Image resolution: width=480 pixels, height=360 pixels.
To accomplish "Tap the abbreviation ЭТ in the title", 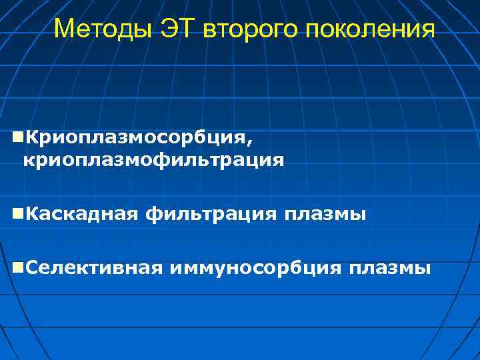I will point(181,29).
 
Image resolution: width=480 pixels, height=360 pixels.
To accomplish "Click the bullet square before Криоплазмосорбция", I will point(17,137).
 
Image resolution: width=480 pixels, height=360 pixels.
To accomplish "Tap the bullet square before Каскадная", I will point(17,214).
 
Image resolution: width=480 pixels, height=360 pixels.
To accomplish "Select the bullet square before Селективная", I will point(17,268).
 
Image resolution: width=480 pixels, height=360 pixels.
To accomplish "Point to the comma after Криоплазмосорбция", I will point(251,141).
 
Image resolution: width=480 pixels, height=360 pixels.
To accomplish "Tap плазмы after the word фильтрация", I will point(325,215).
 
